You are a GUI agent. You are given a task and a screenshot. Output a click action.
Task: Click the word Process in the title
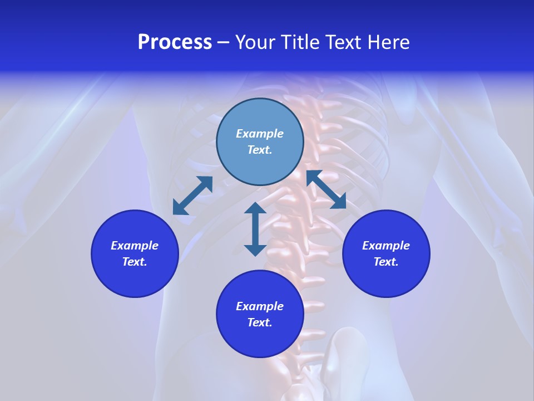175,42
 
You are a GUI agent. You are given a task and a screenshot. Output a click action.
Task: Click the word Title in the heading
300,42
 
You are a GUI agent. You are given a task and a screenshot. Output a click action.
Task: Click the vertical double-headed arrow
255,229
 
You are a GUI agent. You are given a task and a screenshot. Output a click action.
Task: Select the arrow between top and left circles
192,195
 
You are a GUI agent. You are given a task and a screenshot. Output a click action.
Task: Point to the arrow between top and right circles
326,189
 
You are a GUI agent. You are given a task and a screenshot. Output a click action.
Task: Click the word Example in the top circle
260,134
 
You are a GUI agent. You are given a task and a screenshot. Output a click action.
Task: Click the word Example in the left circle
135,246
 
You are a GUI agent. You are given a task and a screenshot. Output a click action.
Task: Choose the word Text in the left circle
134,262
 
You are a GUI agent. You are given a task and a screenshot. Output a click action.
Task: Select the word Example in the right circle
386,246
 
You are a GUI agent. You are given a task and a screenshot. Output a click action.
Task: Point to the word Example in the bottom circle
260,306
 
